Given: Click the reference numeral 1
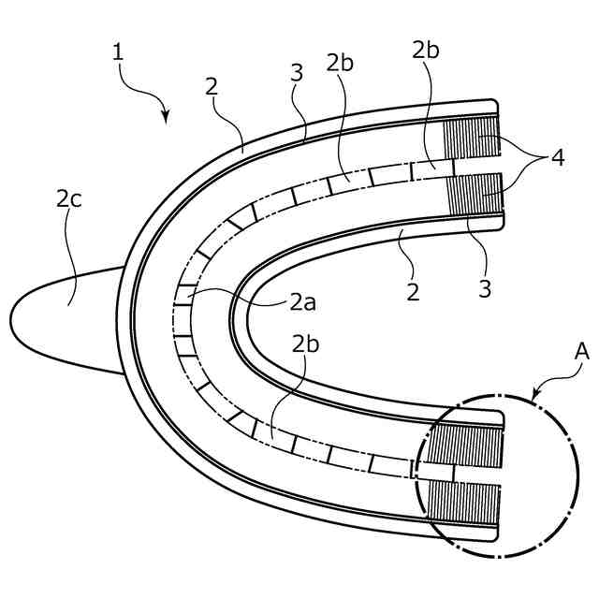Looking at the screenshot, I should (118, 52).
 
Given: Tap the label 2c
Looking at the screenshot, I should (68, 197).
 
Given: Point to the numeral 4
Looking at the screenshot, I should (558, 157).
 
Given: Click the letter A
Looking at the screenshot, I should (581, 353).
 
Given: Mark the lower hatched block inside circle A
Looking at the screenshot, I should (465, 505).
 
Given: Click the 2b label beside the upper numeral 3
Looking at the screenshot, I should (339, 65).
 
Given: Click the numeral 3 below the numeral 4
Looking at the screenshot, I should (484, 289).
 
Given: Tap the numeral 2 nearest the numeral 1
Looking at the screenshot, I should (212, 86).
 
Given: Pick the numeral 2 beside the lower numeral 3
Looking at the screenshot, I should (413, 292).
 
